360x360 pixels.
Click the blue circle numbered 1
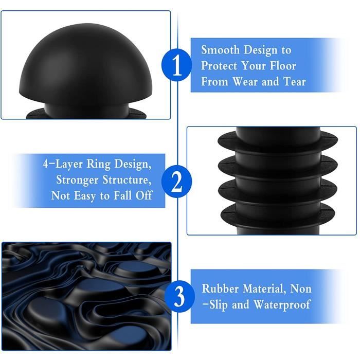pos(176,65)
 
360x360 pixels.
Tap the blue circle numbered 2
pos(176,182)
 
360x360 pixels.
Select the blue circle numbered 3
pos(179,296)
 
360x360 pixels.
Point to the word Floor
pos(283,66)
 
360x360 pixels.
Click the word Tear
pos(295,81)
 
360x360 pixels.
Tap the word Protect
pos(220,66)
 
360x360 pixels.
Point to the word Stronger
pos(77,179)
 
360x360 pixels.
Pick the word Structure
pos(127,179)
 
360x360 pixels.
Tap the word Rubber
pos(220,289)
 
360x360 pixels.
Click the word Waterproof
pos(282,305)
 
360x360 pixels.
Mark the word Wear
pos(245,81)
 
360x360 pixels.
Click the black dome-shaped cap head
pos(85,62)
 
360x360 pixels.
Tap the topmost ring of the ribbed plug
pos(278,140)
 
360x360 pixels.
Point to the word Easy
pos(84,196)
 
